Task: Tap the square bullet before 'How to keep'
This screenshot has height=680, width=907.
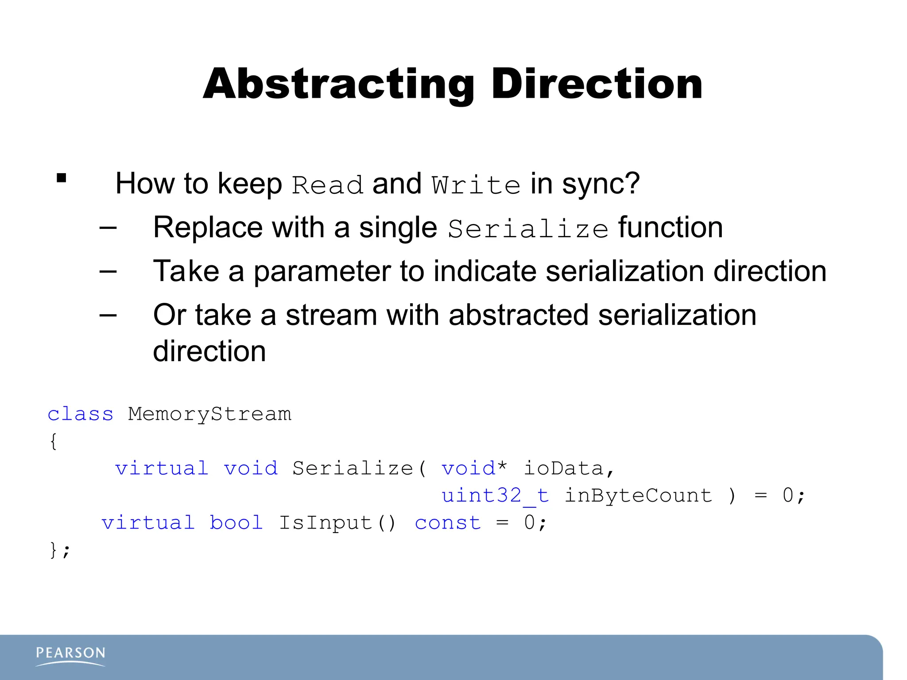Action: pyautogui.click(x=62, y=178)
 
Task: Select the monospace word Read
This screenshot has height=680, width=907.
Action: pyautogui.click(x=327, y=185)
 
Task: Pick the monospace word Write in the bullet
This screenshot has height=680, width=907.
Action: pyautogui.click(x=476, y=185)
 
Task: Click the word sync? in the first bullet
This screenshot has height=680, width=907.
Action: pyautogui.click(x=601, y=183)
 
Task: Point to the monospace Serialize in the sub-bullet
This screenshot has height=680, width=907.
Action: pyautogui.click(x=528, y=229)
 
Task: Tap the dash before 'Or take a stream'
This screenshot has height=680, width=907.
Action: pyautogui.click(x=108, y=315)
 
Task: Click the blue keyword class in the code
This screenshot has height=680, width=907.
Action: pyautogui.click(x=81, y=414)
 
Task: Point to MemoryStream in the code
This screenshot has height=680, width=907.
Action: pyautogui.click(x=209, y=414)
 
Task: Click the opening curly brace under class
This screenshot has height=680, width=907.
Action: pyautogui.click(x=53, y=441)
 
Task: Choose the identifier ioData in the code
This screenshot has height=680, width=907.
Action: pyautogui.click(x=564, y=468)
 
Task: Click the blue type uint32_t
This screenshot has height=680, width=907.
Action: pyautogui.click(x=495, y=495)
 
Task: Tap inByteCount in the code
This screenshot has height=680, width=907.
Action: pyautogui.click(x=638, y=495)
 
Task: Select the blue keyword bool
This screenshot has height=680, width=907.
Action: pyautogui.click(x=236, y=523)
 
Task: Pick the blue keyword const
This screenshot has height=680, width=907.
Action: pyautogui.click(x=448, y=523)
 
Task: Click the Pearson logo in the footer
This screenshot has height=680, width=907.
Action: pyautogui.click(x=70, y=656)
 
